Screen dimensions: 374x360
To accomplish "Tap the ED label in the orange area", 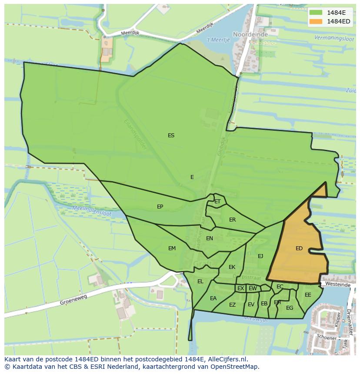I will [x=299, y=248].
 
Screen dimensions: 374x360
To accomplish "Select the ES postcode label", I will [x=171, y=136].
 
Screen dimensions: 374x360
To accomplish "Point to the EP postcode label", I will [x=160, y=207].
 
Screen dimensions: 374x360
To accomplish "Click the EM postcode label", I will [x=172, y=248].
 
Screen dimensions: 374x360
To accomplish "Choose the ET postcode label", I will [x=217, y=202].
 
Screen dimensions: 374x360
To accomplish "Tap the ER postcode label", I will [x=232, y=220].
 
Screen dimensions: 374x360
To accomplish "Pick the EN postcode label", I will [x=210, y=238].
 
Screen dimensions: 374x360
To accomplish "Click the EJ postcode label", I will [x=260, y=256].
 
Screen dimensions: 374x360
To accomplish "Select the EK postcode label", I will [x=232, y=267].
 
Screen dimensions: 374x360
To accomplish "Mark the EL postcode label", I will [x=200, y=281].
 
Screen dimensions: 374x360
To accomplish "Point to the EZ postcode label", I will [x=232, y=305].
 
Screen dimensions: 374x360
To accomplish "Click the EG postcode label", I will [x=290, y=308].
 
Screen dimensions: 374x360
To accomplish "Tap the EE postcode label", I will [x=308, y=295].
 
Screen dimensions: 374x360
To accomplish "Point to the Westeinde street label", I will [x=338, y=285].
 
